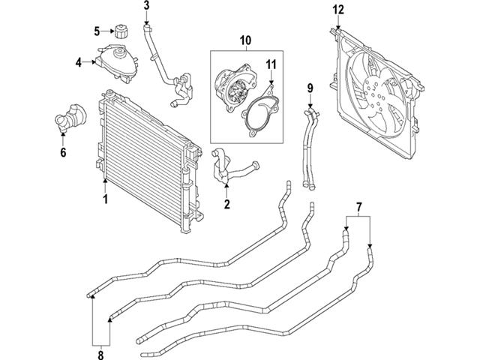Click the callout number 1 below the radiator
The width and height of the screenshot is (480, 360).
coord(105,199)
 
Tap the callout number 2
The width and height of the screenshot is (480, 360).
coord(226,204)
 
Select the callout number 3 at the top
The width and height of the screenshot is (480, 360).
coord(147,5)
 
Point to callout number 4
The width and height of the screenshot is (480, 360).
coord(79,62)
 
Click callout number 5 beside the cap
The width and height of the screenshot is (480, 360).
coord(97,31)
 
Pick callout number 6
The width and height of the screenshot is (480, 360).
coord(63,152)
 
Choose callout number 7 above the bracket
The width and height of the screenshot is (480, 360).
coord(359,207)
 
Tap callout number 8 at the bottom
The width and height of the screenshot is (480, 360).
coord(100,355)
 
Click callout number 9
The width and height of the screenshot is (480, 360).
coord(310,88)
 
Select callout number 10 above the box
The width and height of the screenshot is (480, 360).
coord(245,40)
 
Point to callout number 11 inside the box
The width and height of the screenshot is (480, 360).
coord(271,64)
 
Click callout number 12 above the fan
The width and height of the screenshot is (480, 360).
coord(338,10)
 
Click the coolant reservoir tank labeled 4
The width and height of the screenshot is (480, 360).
coord(117,64)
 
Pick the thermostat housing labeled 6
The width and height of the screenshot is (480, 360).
coord(71,118)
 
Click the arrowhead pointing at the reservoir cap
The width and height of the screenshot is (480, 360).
coord(112,31)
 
